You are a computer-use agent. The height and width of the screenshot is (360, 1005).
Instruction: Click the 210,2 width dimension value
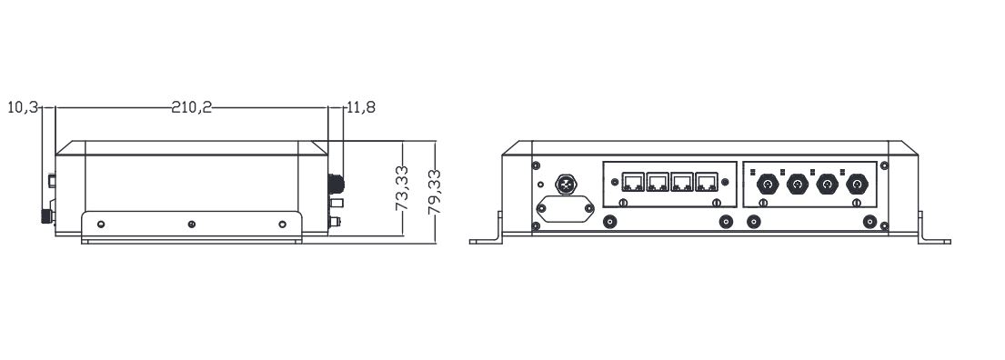tap(191, 107)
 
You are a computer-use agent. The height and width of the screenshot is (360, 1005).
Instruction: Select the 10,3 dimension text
tap(23, 107)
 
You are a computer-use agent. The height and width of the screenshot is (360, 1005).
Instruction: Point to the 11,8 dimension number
tap(361, 107)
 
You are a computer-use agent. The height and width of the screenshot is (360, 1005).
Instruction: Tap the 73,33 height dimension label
tap(402, 188)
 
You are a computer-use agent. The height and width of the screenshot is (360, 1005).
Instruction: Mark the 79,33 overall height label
tap(434, 192)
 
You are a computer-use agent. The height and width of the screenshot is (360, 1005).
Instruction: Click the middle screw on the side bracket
tap(192, 224)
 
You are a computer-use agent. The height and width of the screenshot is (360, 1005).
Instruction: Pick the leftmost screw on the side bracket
tap(101, 224)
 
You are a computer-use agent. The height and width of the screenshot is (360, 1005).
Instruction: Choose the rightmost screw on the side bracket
tap(283, 224)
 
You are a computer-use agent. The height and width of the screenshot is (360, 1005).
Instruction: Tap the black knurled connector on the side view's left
tap(46, 215)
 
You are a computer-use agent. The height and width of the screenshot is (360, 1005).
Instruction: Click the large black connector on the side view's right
tap(336, 184)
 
